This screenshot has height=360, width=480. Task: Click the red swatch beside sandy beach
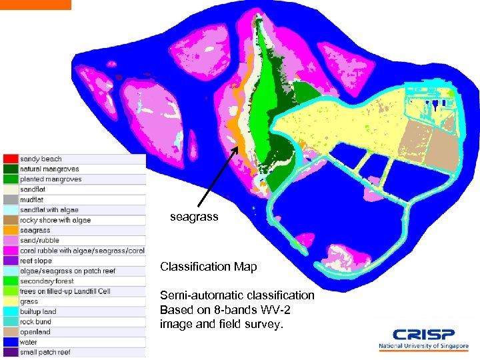[x=10, y=159]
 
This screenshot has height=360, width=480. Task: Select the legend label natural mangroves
[x=50, y=169]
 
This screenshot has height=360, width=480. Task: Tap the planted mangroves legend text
[x=51, y=179]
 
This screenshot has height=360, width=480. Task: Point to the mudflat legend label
[x=32, y=199]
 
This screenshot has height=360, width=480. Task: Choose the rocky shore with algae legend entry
[x=55, y=220]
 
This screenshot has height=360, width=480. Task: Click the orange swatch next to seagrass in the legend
[x=10, y=230]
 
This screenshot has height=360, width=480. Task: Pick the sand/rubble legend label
[x=39, y=240]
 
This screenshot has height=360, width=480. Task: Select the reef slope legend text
[x=36, y=261]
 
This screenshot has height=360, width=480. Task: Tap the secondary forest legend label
[x=47, y=281]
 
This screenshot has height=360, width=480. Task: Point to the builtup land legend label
[x=38, y=311]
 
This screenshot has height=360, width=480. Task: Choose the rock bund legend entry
[x=35, y=321]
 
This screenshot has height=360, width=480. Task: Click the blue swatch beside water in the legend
[x=10, y=342]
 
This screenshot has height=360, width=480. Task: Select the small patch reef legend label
[x=45, y=352]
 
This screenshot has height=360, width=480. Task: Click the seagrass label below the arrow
[x=194, y=217]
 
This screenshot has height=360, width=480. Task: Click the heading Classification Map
[x=208, y=267]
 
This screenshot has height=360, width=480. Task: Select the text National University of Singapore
[x=423, y=347]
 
